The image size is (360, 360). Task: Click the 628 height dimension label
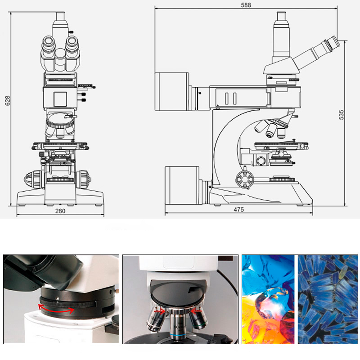[x=8, y=100]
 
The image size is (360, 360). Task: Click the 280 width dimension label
[x=60, y=211]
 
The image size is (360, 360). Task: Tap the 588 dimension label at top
[x=246, y=5]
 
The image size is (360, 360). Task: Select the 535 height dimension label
[x=342, y=115]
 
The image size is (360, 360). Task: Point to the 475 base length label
[x=239, y=209]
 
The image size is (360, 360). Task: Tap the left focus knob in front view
[x=34, y=179]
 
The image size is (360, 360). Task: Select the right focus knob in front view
[x=84, y=180]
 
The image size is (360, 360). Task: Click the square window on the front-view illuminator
[x=60, y=99]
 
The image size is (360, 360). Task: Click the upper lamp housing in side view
[x=172, y=91]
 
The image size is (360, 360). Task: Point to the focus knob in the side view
[x=245, y=180]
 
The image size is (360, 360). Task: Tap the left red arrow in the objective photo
[x=160, y=311]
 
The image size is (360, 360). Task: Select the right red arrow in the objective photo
[x=196, y=311]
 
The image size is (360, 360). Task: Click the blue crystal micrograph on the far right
[x=328, y=299]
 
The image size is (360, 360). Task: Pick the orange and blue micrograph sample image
[x=268, y=299]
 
